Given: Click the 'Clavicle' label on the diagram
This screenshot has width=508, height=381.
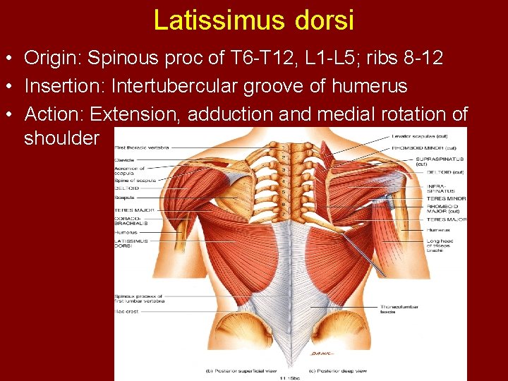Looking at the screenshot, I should (124, 160).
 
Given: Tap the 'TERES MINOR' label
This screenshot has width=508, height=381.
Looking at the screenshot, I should (446, 198).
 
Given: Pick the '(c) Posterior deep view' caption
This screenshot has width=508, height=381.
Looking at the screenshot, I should (337, 369).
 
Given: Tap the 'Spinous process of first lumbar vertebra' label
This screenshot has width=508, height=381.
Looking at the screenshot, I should (139, 298).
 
